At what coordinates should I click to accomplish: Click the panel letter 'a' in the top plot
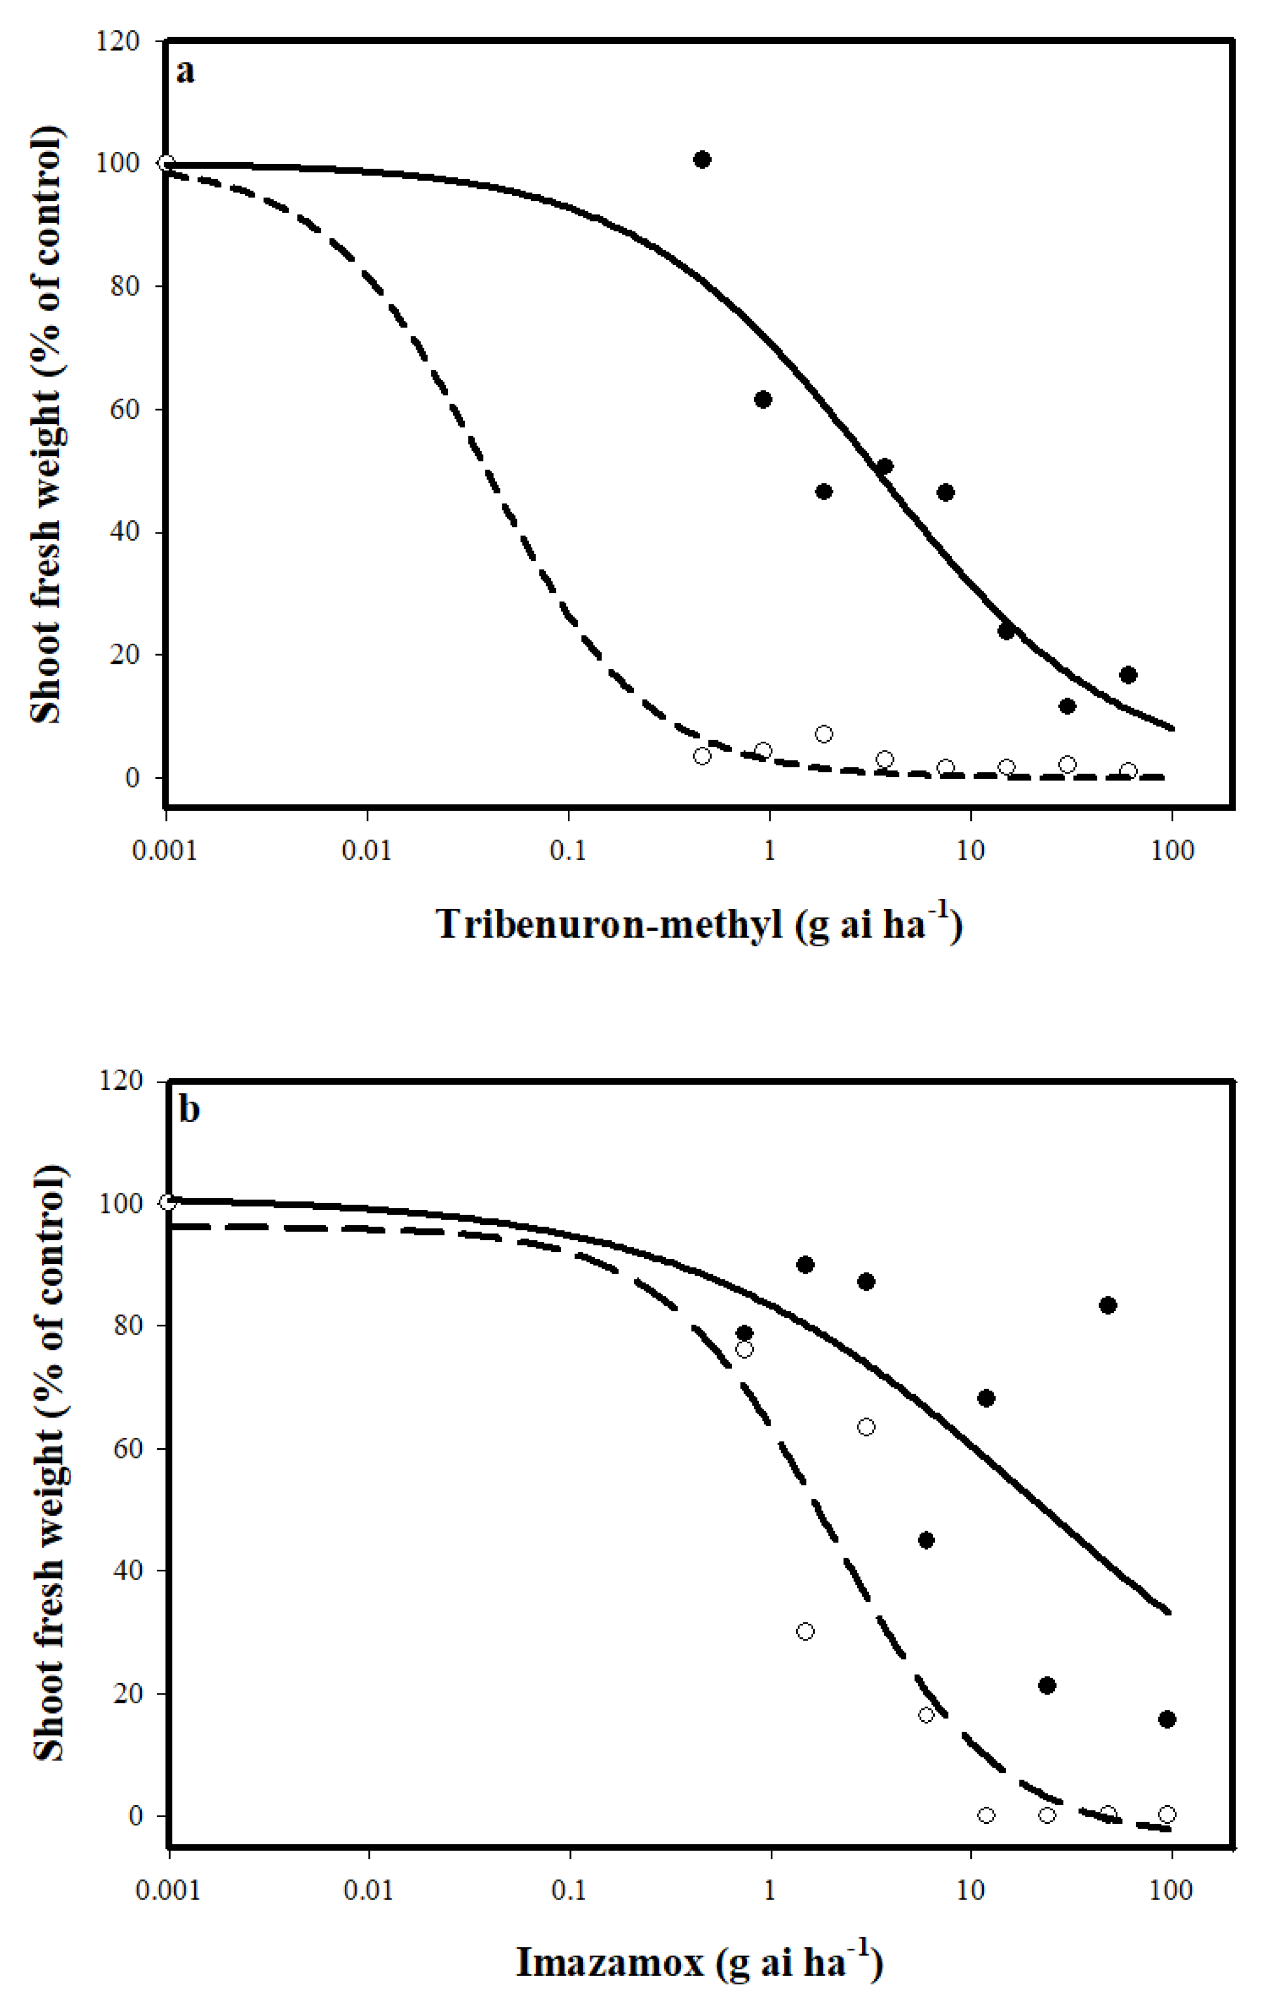[x=185, y=73]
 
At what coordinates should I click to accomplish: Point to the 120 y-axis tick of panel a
[x=116, y=42]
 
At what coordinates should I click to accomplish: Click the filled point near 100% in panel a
[x=702, y=160]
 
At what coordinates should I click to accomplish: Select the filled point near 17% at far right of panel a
[x=1128, y=675]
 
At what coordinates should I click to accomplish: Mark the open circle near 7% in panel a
[x=823, y=734]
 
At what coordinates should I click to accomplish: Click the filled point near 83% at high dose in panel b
[x=1107, y=1305]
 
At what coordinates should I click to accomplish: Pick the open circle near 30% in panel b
[x=805, y=1631]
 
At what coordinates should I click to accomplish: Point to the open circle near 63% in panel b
[x=866, y=1427]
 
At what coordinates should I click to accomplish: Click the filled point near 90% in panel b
[x=805, y=1265]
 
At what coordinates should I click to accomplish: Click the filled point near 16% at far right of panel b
[x=1167, y=1719]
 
